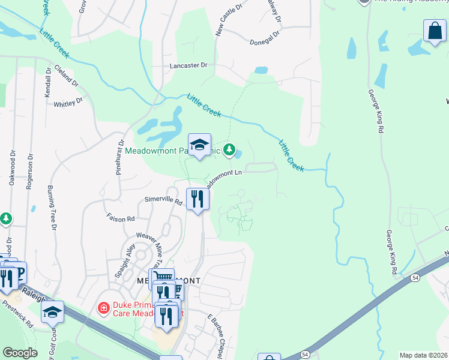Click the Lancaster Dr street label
[188, 65]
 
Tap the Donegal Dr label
[265, 39]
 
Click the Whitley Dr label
[68, 103]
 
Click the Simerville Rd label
[163, 200]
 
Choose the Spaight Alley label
[126, 260]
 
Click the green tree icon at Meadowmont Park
[229, 149]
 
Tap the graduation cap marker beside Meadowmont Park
[200, 145]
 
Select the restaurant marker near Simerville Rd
[197, 199]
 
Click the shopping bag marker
[434, 31]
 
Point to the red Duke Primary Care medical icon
[104, 308]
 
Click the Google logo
[20, 353]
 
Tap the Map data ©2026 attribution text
[423, 355]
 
